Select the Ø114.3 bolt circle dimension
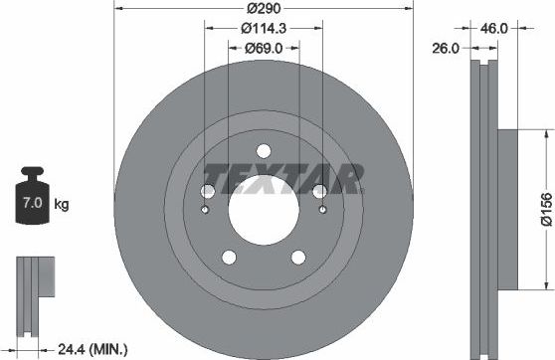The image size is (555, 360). [x=264, y=27]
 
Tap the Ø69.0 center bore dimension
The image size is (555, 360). [x=264, y=47]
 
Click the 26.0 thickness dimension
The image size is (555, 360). [x=444, y=47]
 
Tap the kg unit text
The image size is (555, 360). [x=62, y=205]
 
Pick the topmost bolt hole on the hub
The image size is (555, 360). [x=264, y=150]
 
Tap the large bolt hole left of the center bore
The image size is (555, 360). [x=209, y=192]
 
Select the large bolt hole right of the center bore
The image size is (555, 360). [x=319, y=192]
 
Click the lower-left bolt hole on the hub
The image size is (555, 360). [x=229, y=258]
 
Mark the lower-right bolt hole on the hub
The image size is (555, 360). [x=298, y=258]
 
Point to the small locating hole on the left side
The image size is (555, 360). [x=205, y=209]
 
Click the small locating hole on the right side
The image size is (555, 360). [x=323, y=209]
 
